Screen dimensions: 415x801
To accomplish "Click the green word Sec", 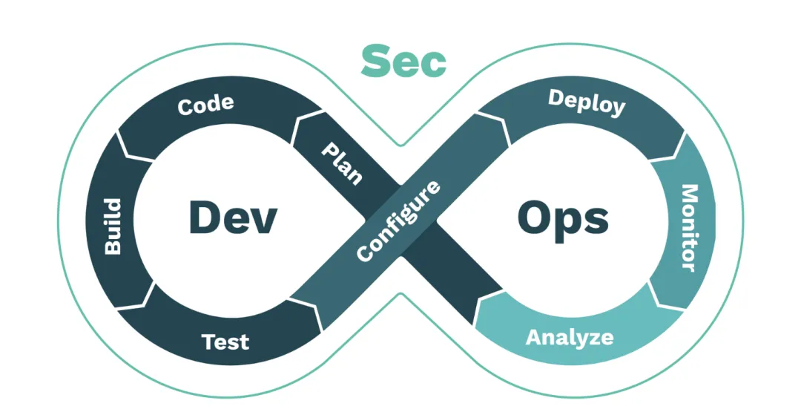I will (403, 61).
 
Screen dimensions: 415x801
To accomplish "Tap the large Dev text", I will (232, 218).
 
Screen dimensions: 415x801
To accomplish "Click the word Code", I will (205, 104).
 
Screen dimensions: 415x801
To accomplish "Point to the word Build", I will (112, 226).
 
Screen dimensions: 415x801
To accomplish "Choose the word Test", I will (225, 342).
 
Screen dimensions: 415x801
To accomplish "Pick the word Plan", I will (342, 163).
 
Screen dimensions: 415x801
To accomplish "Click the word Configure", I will (398, 220).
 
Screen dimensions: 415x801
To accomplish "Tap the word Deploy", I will (586, 102).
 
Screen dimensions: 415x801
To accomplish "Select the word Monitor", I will (689, 227).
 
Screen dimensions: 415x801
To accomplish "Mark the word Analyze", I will (570, 337).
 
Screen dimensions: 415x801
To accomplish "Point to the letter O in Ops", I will (532, 218).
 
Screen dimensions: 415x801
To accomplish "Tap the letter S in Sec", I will (375, 61).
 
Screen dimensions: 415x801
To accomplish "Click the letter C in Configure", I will (363, 254).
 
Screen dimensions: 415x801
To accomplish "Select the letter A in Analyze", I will (533, 337).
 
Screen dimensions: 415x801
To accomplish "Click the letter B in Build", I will (112, 247).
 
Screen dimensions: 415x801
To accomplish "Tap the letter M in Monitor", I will (689, 194).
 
